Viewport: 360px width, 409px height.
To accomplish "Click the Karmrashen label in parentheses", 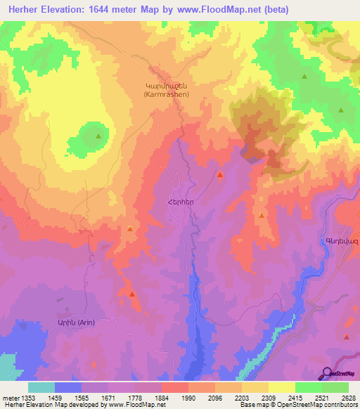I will (x=165, y=93).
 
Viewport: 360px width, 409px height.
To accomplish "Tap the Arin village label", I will (x=76, y=322).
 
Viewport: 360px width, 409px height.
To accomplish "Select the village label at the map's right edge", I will (x=342, y=241).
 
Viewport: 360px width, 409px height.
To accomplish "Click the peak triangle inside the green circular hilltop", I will (x=98, y=136).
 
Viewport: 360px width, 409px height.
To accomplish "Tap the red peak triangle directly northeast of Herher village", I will (x=220, y=174).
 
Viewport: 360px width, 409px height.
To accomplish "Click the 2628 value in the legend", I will (x=349, y=396).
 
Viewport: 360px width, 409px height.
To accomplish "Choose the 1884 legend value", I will (x=162, y=396).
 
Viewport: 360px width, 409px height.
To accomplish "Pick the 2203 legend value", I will (x=242, y=396).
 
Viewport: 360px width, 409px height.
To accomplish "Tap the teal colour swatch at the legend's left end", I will (x=41, y=387).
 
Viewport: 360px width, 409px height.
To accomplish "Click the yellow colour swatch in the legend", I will (x=281, y=387).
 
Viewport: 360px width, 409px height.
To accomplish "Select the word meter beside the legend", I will (x=8, y=396).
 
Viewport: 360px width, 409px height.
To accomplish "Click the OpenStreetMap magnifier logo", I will (x=327, y=373).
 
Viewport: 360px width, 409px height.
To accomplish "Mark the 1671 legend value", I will (x=108, y=396).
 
